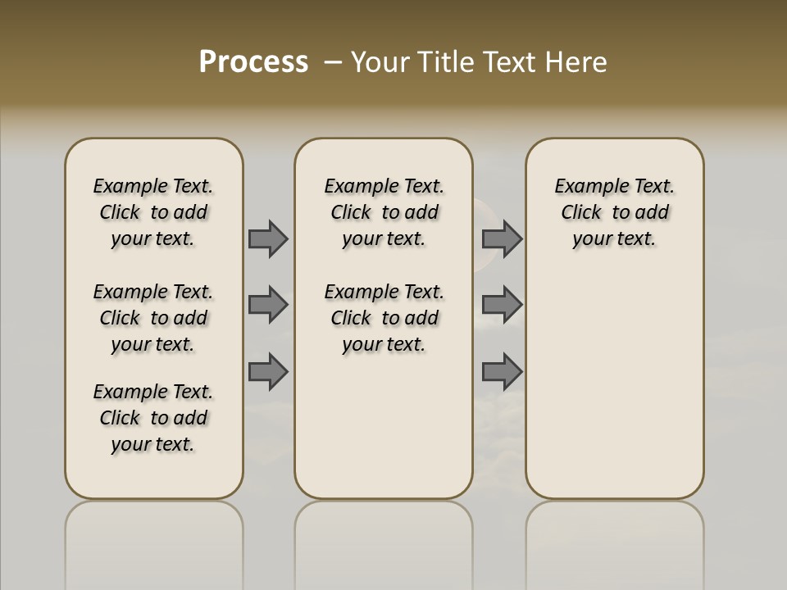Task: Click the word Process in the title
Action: (x=253, y=61)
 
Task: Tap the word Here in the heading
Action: (x=574, y=62)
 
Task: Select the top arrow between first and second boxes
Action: (x=268, y=238)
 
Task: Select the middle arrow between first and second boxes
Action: (x=268, y=305)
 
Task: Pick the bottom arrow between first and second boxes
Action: (x=268, y=372)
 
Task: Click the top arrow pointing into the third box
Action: (x=502, y=238)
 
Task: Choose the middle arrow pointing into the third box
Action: (x=502, y=305)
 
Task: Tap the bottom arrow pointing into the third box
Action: (x=502, y=372)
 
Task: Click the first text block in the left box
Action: (x=153, y=212)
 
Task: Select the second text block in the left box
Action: (x=153, y=318)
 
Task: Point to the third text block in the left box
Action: (x=153, y=418)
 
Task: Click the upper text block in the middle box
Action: (x=384, y=212)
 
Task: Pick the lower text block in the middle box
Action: (x=384, y=318)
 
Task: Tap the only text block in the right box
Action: (x=615, y=212)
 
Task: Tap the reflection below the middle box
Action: (x=384, y=541)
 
